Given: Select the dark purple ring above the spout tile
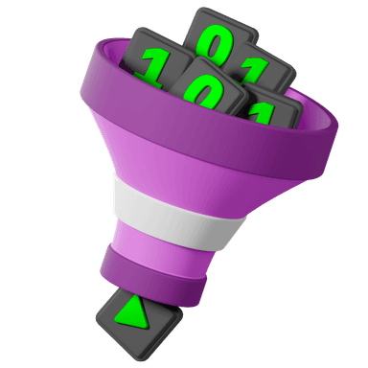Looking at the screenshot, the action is click(x=152, y=271).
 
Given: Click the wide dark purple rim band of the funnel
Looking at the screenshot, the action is click(x=208, y=127).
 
